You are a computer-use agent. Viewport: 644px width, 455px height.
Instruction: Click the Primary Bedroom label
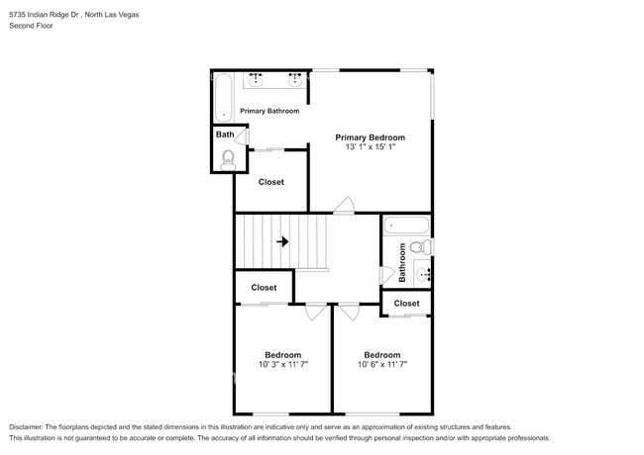pos(370,137)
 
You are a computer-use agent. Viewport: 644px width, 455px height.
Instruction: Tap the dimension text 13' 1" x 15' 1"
pos(370,148)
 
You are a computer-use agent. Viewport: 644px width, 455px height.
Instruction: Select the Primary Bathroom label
pos(269,111)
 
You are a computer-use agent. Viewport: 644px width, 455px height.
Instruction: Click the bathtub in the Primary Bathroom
pos(223,96)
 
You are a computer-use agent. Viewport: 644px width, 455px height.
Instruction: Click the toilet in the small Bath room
pos(229,157)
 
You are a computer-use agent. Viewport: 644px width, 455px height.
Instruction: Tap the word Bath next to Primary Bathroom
pos(226,135)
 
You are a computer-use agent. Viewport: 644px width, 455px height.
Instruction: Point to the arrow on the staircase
pos(282,241)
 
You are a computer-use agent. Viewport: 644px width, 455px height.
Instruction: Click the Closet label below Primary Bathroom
pos(270,182)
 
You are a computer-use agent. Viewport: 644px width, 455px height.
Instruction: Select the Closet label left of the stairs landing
pos(264,288)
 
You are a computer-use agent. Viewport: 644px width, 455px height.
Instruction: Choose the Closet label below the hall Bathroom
pos(406,304)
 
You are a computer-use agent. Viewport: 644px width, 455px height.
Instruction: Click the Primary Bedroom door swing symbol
pos(344,206)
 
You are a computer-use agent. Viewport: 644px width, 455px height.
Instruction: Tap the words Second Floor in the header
pos(32,26)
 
